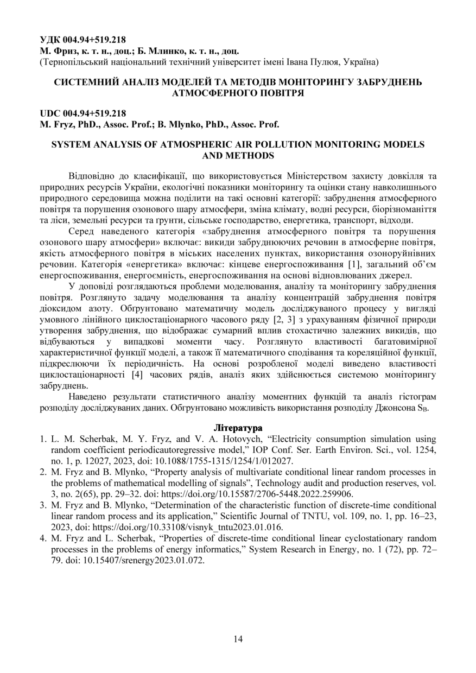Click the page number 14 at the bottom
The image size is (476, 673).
click(x=238, y=638)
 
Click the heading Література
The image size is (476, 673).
click(x=238, y=427)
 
